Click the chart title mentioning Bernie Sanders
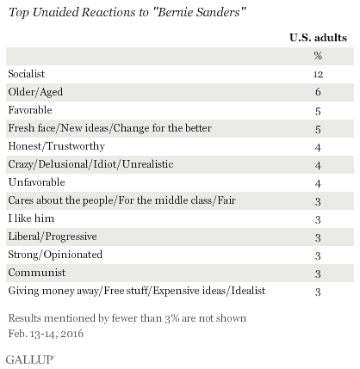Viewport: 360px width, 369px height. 127,12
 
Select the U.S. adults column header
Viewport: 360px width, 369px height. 318,38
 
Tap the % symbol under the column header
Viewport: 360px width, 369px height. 318,55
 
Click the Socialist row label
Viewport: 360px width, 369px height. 27,74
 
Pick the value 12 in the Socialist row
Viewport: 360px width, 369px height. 318,75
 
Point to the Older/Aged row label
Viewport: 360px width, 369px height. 35,92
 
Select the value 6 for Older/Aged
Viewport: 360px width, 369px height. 318,92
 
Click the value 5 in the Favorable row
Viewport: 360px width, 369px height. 318,111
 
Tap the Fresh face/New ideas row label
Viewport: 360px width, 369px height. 109,128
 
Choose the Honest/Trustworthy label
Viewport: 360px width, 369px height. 57,146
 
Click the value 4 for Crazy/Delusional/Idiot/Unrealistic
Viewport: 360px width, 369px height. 318,165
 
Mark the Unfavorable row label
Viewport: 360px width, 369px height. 36,182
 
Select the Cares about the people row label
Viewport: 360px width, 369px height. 122,200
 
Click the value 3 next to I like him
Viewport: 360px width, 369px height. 318,219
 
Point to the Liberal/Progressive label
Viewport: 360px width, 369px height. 53,237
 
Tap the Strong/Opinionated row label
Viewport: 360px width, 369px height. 55,255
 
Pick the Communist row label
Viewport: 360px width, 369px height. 37,273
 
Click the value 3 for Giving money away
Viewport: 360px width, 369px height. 318,292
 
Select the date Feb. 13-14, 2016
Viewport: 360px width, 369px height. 46,334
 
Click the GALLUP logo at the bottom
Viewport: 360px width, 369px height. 30,360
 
